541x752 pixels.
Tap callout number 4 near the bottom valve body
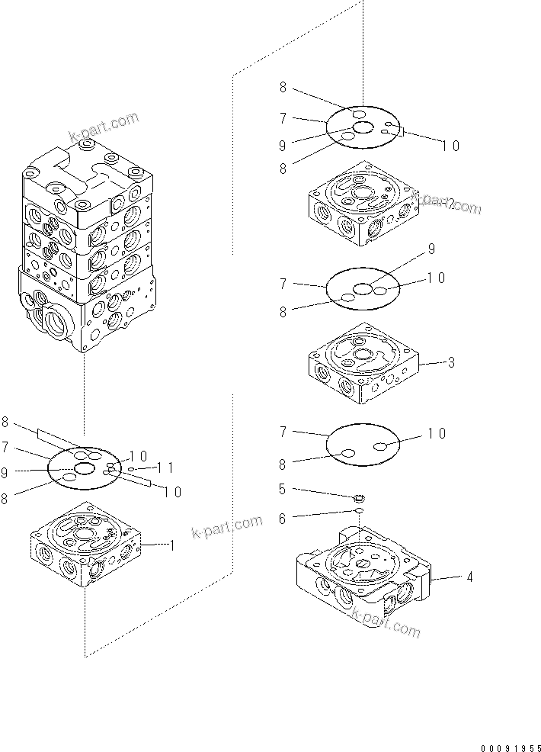click(469, 577)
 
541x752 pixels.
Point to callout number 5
click(283, 489)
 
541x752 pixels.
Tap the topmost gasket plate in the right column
click(363, 127)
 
